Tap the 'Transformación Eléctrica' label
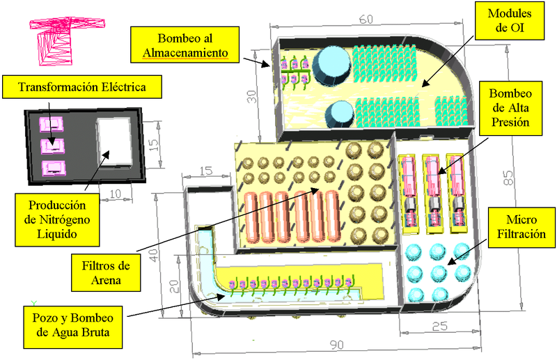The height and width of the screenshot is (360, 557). pos(82,88)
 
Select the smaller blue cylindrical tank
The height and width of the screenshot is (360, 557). pos(340,112)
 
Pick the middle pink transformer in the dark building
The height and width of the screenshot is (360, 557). pos(50,146)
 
